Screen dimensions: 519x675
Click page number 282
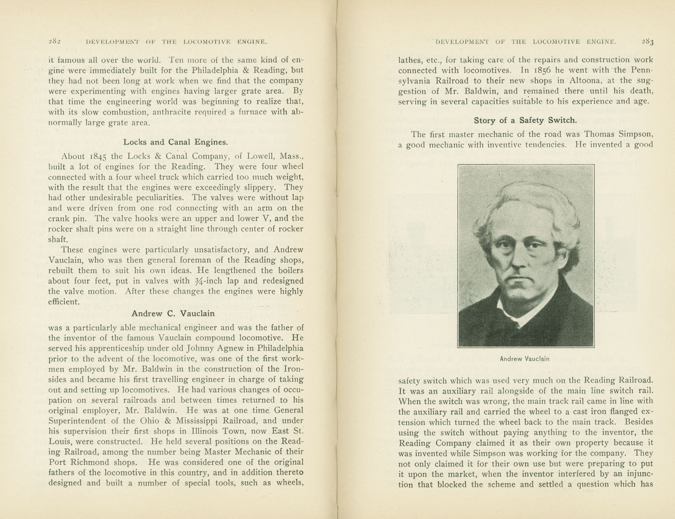tap(55, 42)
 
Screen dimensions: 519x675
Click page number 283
tap(647, 42)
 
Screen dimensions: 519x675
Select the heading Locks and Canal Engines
tap(176, 142)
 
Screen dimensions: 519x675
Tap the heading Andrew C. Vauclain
tap(173, 313)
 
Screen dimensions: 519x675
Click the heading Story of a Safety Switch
tap(525, 120)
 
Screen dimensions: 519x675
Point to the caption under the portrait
tap(525, 359)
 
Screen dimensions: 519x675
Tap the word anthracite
tap(171, 112)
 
